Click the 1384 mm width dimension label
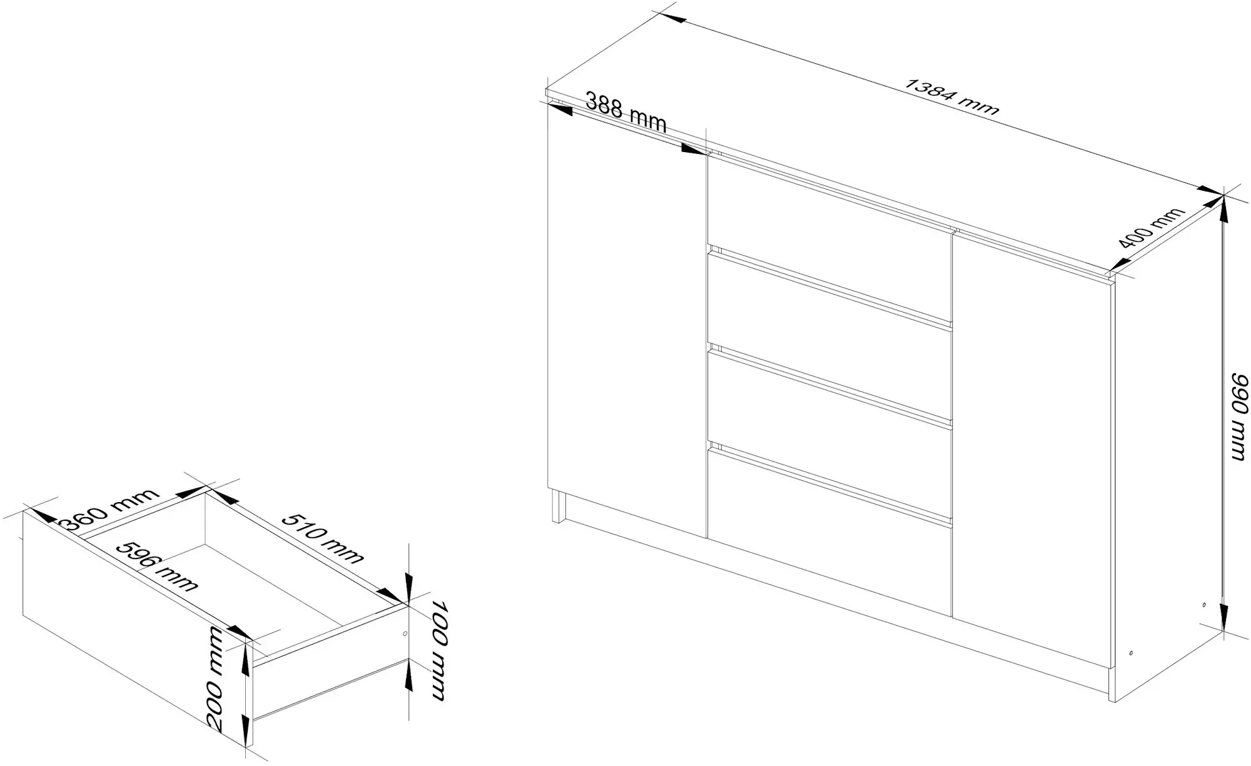[x=952, y=98]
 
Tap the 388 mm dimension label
[x=626, y=112]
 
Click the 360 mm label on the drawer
[x=112, y=510]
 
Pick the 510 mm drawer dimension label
[x=323, y=538]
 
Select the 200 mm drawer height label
[x=215, y=678]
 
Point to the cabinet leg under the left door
[x=559, y=506]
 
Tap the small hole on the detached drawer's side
[x=405, y=633]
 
